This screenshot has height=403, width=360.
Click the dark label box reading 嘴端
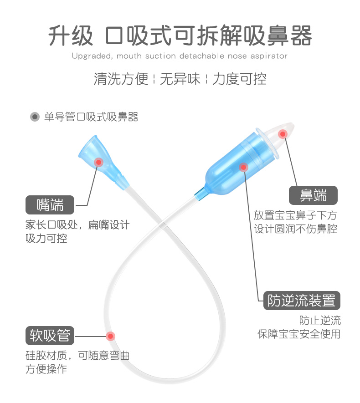click(50, 205)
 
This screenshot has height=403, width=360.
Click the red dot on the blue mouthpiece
click(98, 162)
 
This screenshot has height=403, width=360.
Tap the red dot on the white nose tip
click(283, 134)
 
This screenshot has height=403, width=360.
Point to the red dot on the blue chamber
click(243, 167)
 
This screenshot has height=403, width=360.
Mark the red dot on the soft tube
click(110, 337)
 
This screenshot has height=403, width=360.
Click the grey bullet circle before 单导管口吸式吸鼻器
click(35, 117)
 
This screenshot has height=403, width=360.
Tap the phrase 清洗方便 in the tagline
click(121, 79)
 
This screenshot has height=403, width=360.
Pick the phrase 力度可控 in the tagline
click(239, 79)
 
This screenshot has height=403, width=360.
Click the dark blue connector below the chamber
click(199, 194)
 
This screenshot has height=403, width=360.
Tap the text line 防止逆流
click(320, 321)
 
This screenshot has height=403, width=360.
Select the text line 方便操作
click(46, 369)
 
